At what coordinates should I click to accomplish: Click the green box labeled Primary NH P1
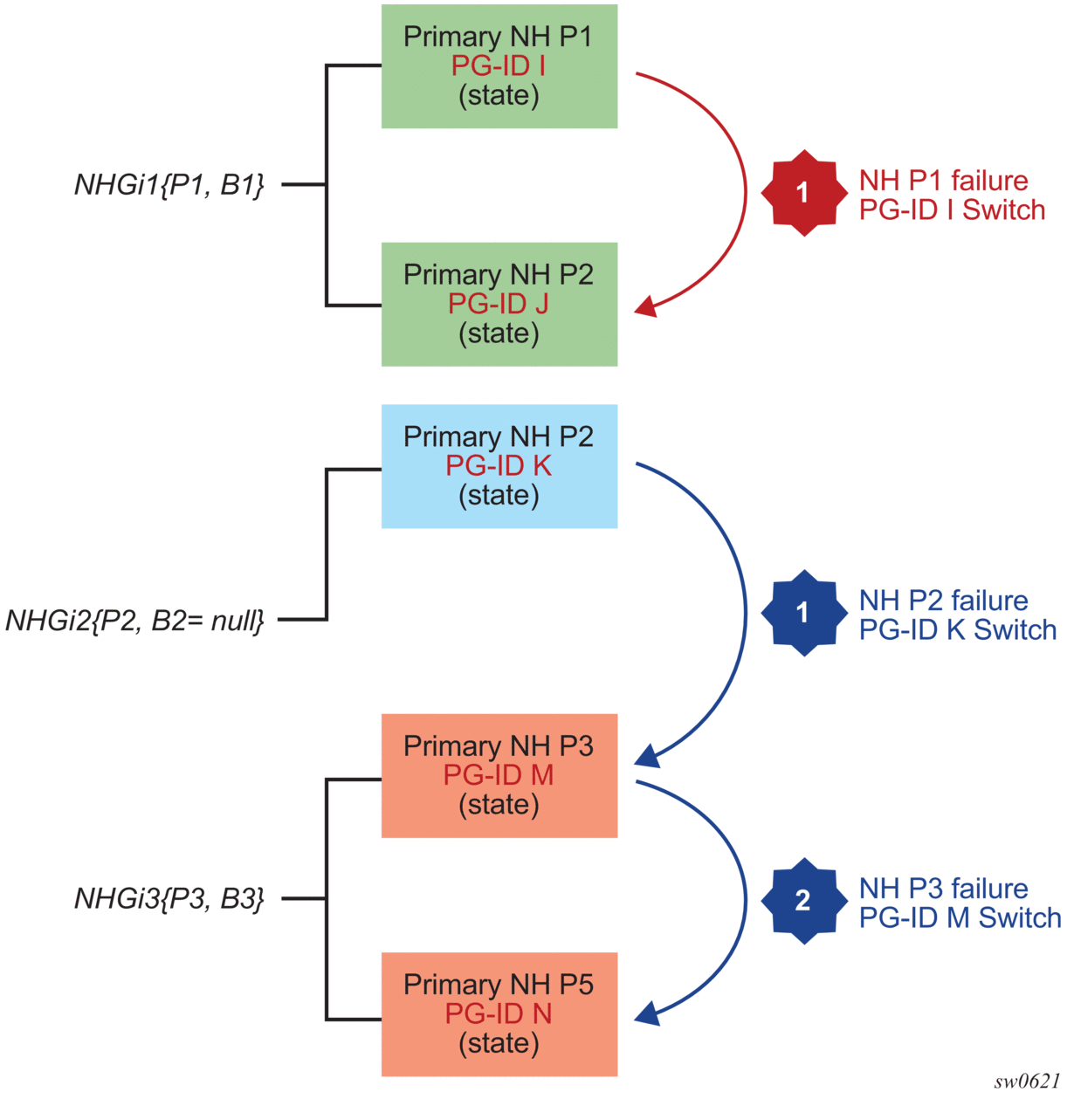click(x=499, y=66)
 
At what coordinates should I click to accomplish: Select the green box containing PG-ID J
click(x=499, y=304)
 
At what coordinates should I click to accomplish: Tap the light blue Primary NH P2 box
click(x=499, y=466)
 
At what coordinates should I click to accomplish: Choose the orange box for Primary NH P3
click(x=499, y=775)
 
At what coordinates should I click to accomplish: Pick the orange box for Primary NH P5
click(x=499, y=1013)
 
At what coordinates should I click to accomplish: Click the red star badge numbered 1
click(x=803, y=193)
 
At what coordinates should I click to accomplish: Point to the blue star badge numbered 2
click(x=803, y=901)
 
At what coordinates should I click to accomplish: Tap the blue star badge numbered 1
click(x=803, y=613)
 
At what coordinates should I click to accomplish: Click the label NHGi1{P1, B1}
click(x=169, y=185)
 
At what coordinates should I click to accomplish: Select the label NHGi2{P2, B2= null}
click(x=134, y=621)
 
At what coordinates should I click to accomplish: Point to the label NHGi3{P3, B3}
click(x=169, y=898)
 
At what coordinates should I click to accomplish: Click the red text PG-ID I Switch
click(x=952, y=210)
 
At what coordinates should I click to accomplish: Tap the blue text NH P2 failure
click(x=943, y=601)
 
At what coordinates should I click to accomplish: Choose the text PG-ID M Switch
click(x=960, y=918)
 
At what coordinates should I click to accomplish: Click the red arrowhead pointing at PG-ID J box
click(x=646, y=306)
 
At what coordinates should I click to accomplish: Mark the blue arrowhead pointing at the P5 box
click(x=647, y=1013)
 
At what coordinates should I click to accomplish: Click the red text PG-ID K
click(x=499, y=466)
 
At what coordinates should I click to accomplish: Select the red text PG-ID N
click(x=499, y=1013)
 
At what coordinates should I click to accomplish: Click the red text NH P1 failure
click(x=943, y=181)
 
